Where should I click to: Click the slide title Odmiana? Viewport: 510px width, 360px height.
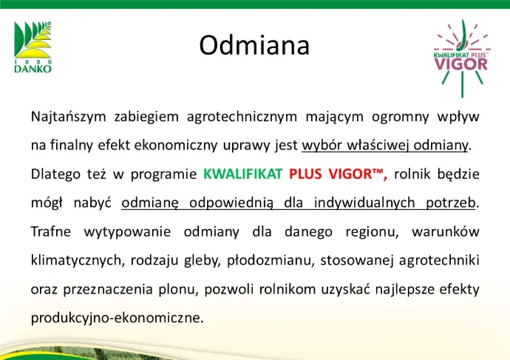pyautogui.click(x=254, y=45)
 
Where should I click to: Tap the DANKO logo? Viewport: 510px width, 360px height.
pyautogui.click(x=33, y=47)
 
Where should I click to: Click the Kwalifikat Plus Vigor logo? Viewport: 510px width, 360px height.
pyautogui.click(x=461, y=58)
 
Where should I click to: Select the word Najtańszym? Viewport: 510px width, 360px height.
pyautogui.click(x=68, y=117)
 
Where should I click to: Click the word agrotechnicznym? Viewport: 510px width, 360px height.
pyautogui.click(x=242, y=117)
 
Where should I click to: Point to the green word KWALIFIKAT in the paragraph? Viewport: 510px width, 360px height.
pyautogui.click(x=242, y=174)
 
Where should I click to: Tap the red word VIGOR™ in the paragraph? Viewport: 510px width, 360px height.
pyautogui.click(x=358, y=174)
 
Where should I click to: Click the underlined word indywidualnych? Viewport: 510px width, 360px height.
pyautogui.click(x=364, y=203)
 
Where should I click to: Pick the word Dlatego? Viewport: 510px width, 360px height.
pyautogui.click(x=55, y=174)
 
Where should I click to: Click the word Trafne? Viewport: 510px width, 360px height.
pyautogui.click(x=51, y=231)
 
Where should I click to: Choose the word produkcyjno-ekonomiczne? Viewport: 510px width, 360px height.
pyautogui.click(x=117, y=318)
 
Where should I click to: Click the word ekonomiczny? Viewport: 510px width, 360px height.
pyautogui.click(x=176, y=146)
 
